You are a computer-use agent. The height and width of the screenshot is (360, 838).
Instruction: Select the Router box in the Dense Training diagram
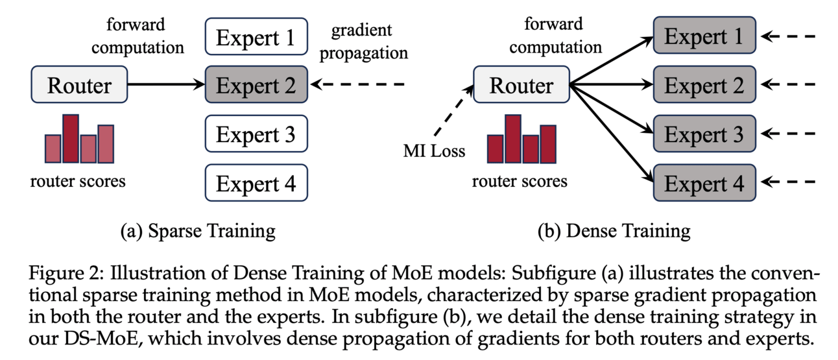coord(521,85)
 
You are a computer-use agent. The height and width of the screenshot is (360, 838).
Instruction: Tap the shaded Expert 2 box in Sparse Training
coord(256,85)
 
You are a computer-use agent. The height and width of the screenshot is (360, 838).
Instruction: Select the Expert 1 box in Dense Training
coord(704,36)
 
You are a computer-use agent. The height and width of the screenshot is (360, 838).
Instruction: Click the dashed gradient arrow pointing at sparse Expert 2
coord(357,85)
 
